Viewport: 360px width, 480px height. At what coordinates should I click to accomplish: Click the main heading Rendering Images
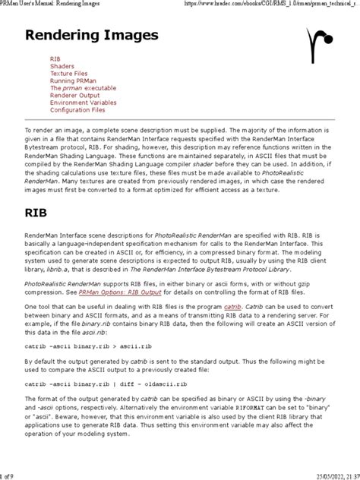[92, 36]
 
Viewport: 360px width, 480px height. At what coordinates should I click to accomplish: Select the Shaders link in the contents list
[62, 66]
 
